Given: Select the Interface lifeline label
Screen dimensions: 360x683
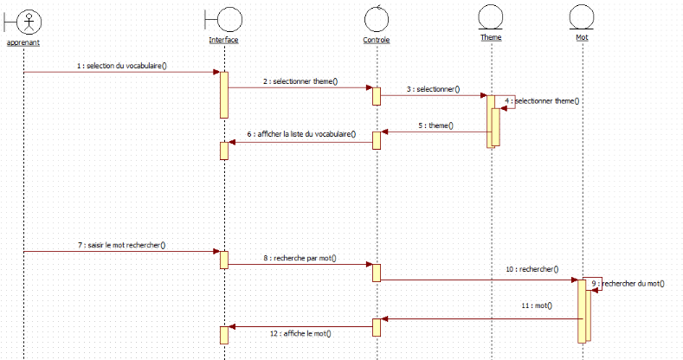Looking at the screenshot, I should tap(223, 40).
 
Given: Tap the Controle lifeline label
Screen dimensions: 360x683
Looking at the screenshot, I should tap(377, 40).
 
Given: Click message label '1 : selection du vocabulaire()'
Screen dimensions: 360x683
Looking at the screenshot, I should tap(121, 65).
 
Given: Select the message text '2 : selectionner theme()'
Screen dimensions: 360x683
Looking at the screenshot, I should tap(300, 81).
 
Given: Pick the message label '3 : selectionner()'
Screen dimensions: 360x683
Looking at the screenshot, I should tap(433, 89).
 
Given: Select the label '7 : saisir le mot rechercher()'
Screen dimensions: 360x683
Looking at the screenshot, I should tap(126, 245).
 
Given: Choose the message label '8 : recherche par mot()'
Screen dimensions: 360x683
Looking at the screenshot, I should tap(300, 258).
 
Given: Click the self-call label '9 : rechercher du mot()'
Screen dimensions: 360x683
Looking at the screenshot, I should tap(630, 283).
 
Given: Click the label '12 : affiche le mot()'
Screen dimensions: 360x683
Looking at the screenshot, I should tap(300, 333).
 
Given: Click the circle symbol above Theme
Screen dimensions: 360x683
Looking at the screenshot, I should tap(491, 17).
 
